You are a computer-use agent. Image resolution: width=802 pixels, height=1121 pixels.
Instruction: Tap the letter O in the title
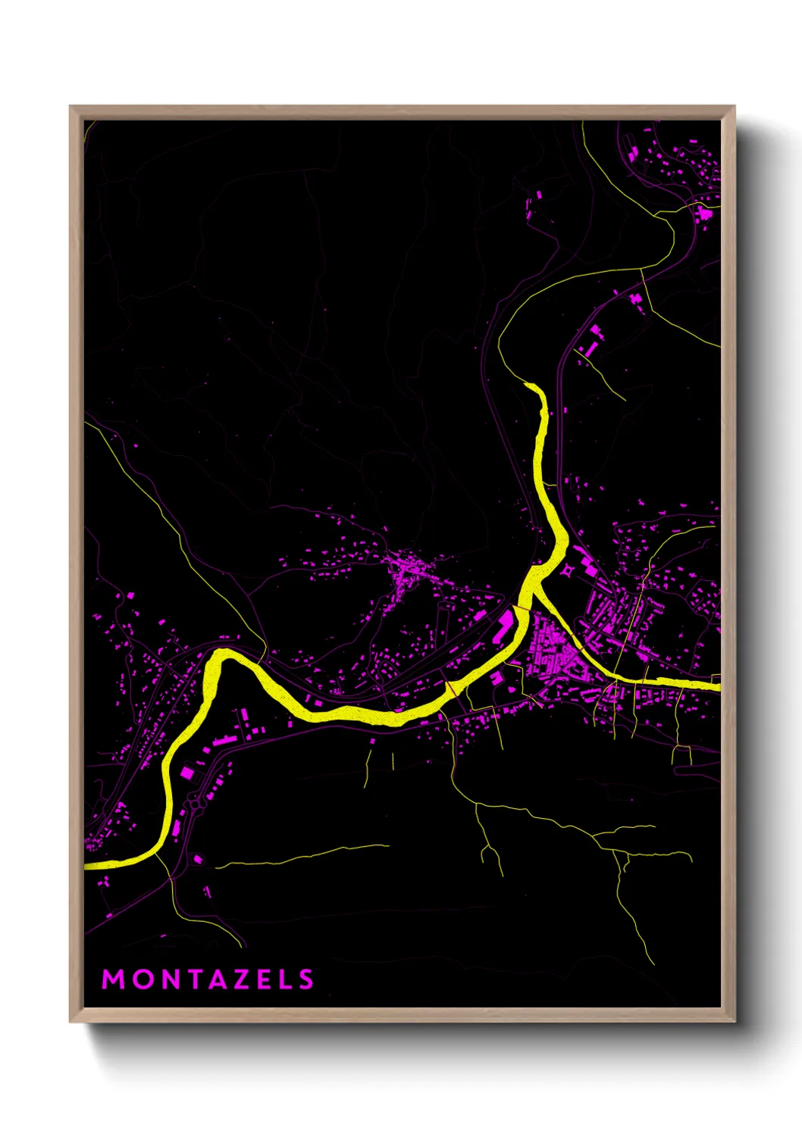[142, 979]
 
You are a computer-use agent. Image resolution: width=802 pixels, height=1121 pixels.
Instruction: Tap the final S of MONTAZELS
[305, 979]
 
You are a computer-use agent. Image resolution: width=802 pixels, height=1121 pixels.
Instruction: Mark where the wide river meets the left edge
[86, 864]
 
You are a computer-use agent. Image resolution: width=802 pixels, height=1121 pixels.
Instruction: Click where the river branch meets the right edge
[717, 685]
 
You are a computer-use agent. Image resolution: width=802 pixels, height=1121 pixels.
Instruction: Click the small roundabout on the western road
[199, 796]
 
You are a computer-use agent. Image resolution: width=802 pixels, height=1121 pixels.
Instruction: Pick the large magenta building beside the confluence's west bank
[504, 624]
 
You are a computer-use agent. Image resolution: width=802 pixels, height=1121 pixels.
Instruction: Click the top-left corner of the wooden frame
[70, 107]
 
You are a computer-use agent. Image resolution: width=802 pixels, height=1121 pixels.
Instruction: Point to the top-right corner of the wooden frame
[735, 107]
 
